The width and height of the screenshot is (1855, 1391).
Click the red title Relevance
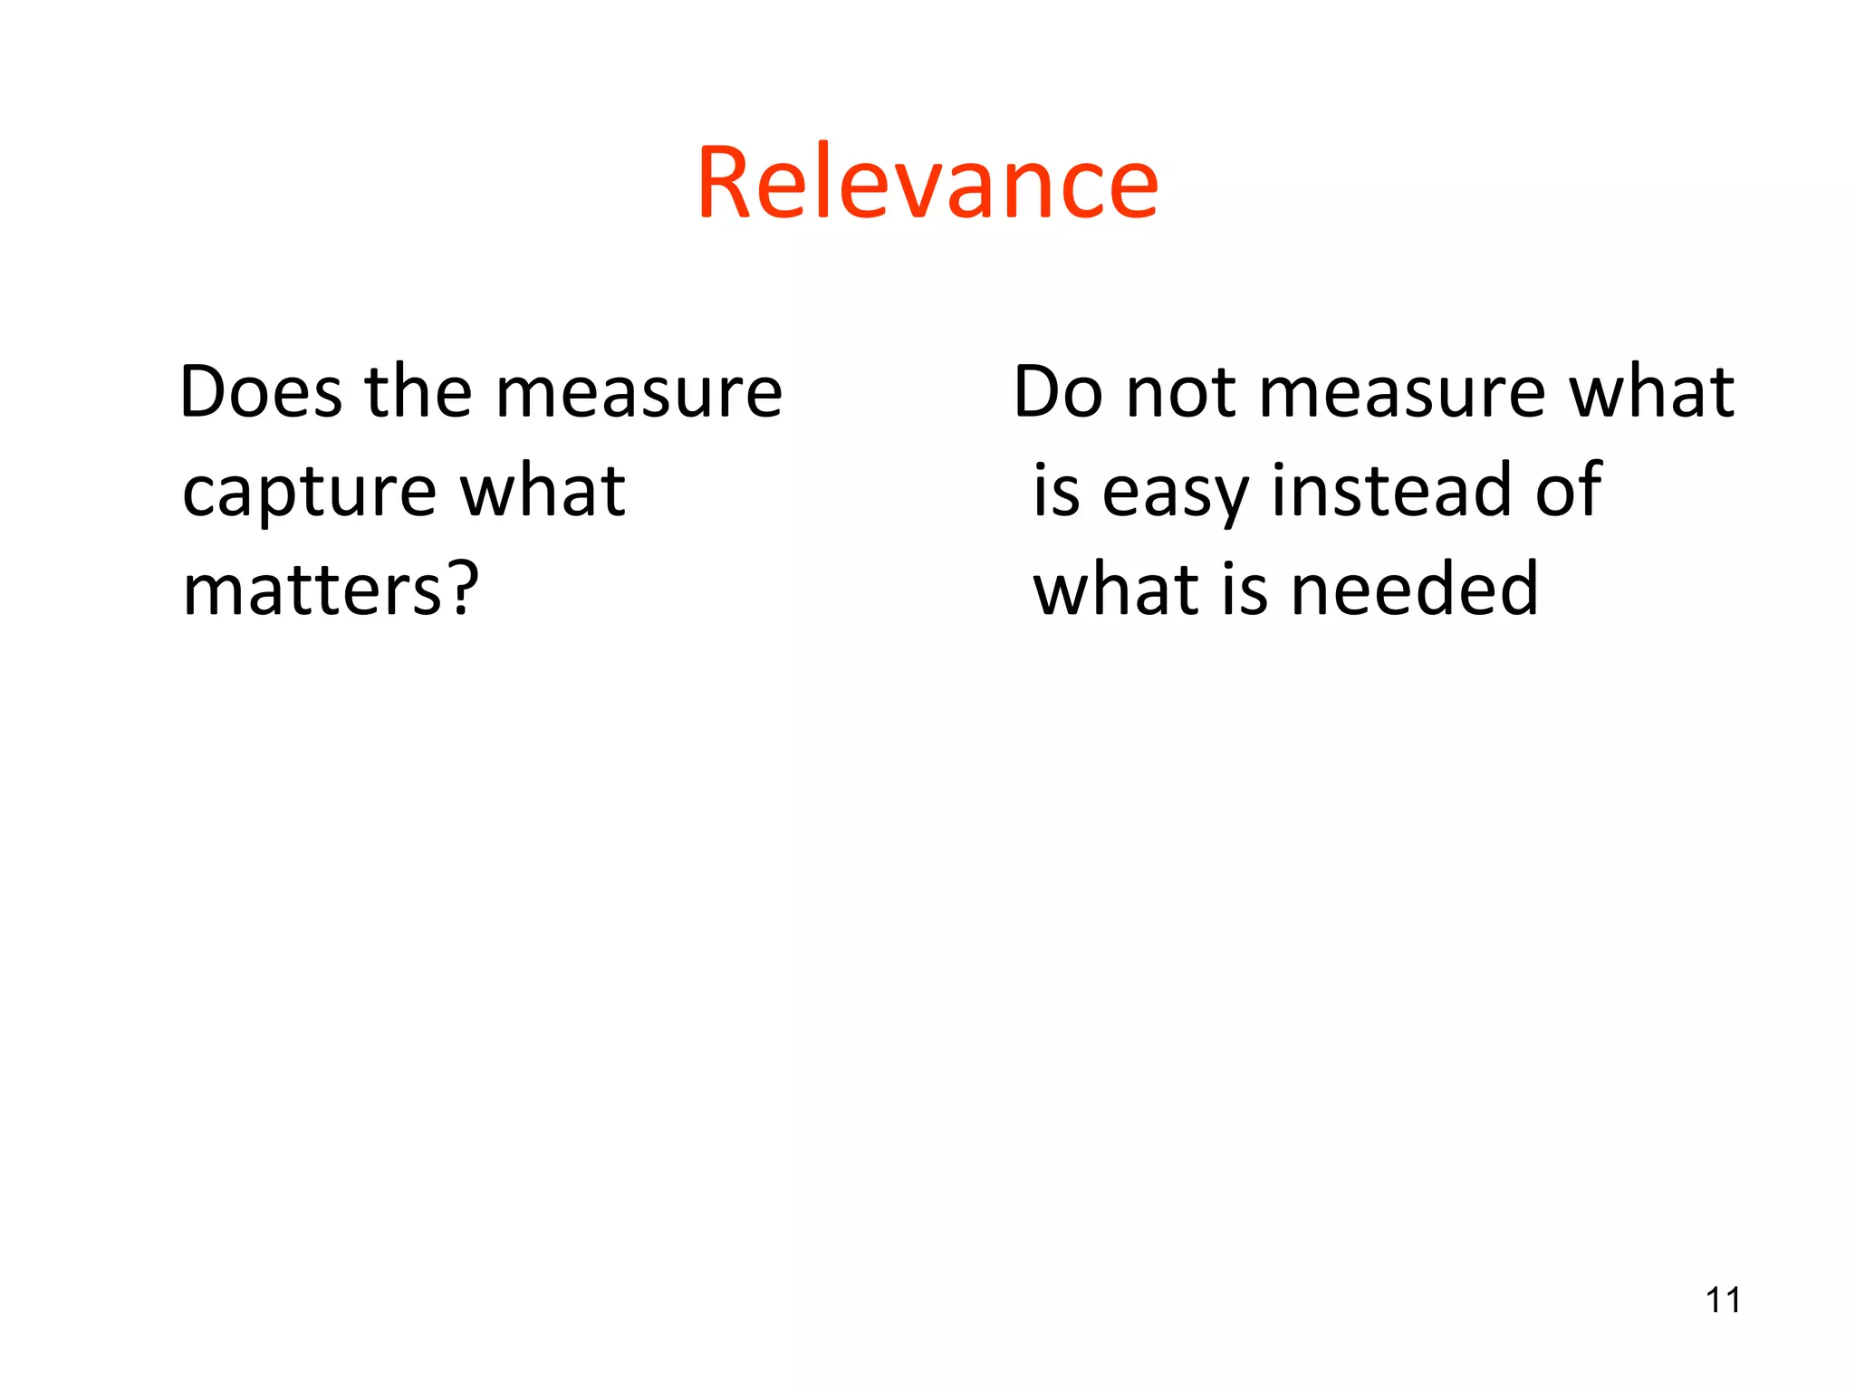pos(927,184)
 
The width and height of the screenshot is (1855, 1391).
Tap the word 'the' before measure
pos(418,392)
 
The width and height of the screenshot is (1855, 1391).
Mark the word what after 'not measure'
pos(1651,392)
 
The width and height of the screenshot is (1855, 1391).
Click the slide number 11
pos(1723,1300)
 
